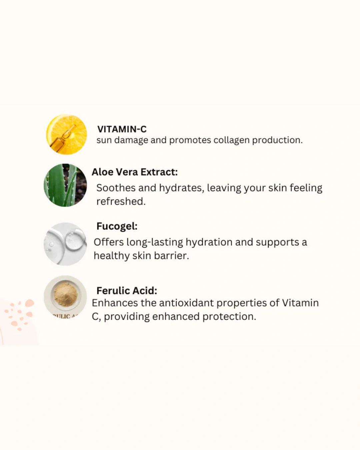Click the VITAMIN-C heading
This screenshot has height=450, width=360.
coord(122,129)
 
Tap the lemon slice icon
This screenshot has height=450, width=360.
coord(67,134)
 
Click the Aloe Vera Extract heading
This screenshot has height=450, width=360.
coord(135,172)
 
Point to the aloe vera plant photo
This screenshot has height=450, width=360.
coord(65,185)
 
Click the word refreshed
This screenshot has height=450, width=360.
coord(121,201)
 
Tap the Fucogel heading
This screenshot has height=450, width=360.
coord(117,226)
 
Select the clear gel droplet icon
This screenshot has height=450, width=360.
coord(65,244)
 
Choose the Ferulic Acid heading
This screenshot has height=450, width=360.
coord(127,291)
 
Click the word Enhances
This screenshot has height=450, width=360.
coord(114,303)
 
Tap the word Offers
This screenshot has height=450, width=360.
coord(108,242)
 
